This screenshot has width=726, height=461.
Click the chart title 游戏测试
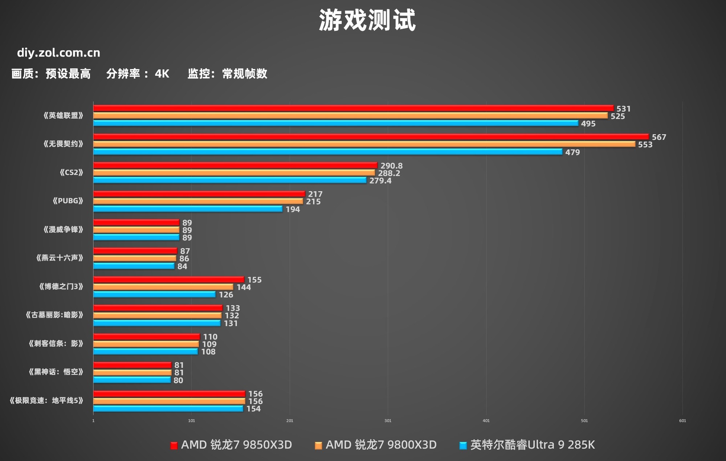tap(367, 20)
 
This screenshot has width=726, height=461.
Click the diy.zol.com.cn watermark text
tap(58, 53)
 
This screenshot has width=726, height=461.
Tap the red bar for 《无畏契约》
tap(370, 136)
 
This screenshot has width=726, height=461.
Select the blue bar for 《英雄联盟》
tap(335, 123)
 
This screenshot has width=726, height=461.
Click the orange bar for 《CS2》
tap(234, 173)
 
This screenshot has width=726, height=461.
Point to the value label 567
tap(658, 137)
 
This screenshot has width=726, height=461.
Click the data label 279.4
tap(380, 181)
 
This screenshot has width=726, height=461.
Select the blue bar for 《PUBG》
tap(188, 209)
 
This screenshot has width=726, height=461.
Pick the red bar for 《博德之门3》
tap(168, 280)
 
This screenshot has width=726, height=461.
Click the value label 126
tap(226, 295)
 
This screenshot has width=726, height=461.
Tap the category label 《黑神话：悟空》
tap(56, 372)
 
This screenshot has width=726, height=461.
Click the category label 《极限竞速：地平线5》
tap(46, 401)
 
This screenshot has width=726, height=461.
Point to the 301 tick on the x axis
tap(388, 421)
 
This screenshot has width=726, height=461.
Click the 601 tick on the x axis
tap(682, 421)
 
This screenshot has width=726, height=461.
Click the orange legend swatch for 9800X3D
tap(318, 446)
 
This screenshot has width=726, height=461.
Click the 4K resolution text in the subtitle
tap(162, 74)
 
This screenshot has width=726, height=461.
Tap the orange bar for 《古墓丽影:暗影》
tap(157, 315)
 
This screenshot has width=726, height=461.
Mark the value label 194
tap(293, 209)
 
